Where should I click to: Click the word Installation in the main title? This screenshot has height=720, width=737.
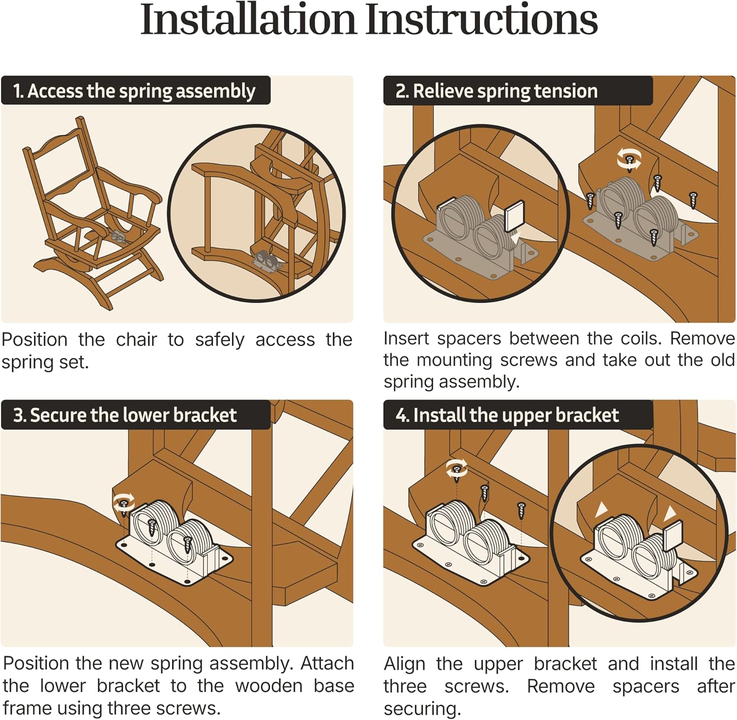coord(248,19)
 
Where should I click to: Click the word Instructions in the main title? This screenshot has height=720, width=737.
coord(482,19)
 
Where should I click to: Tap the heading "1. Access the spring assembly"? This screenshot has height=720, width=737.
coord(134,91)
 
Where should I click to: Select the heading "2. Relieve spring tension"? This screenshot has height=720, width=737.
coord(496,91)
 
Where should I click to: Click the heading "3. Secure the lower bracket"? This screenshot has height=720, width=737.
coord(125,415)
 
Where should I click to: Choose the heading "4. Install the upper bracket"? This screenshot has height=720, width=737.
coord(507,415)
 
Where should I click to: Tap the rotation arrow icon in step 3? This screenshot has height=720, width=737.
coord(123,502)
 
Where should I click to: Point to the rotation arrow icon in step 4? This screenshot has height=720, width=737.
coord(456,469)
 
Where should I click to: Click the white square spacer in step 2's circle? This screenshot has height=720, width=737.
coord(514,216)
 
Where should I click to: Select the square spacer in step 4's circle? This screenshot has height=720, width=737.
coord(673,536)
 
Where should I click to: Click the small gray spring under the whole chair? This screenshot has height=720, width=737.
coord(119,238)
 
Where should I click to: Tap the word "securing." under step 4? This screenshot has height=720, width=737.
coord(422,709)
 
